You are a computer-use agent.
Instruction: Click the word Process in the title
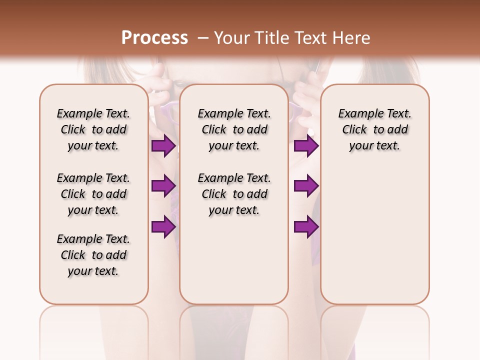pyautogui.click(x=154, y=37)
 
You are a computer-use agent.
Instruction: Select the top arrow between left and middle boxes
pyautogui.click(x=163, y=146)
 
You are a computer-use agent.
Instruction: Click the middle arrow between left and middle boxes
pyautogui.click(x=163, y=186)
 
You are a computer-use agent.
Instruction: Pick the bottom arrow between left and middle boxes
pyautogui.click(x=163, y=226)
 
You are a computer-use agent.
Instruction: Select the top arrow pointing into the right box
pyautogui.click(x=306, y=146)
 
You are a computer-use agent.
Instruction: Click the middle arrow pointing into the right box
pyautogui.click(x=306, y=186)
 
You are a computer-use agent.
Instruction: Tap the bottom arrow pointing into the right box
pyautogui.click(x=306, y=226)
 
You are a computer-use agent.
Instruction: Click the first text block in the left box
pyautogui.click(x=93, y=129)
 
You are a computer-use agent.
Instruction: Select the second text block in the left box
pyautogui.click(x=93, y=194)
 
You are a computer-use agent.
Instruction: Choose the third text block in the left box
pyautogui.click(x=93, y=255)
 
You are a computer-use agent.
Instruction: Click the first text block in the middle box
pyautogui.click(x=234, y=129)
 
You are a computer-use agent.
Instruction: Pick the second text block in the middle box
pyautogui.click(x=234, y=194)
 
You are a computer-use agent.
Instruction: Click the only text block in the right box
pyautogui.click(x=374, y=129)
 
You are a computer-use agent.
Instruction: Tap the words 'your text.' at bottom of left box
pyautogui.click(x=93, y=271)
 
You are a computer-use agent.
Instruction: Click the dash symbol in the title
pyautogui.click(x=202, y=37)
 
